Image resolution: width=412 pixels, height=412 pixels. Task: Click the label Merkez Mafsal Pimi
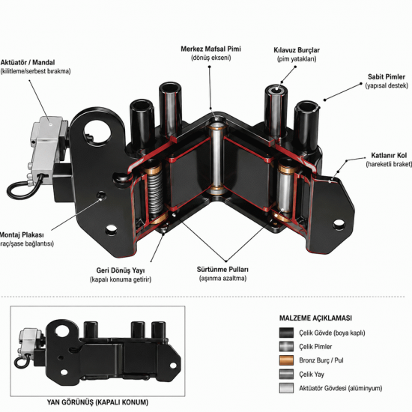click(210, 49)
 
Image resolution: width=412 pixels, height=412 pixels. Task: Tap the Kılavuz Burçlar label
click(297, 50)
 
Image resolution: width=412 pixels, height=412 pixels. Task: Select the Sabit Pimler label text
click(387, 77)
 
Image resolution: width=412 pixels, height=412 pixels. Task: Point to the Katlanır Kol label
click(389, 155)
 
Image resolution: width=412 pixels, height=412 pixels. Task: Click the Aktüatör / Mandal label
click(28, 62)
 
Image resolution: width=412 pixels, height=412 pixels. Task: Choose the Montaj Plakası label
click(22, 234)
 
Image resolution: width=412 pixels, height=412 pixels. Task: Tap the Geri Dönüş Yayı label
click(121, 270)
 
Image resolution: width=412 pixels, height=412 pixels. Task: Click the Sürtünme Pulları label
click(222, 270)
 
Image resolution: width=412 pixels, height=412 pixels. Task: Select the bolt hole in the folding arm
click(339, 225)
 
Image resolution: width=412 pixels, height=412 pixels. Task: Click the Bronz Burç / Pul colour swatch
click(286, 360)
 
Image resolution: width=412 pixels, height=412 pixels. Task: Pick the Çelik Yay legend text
click(312, 374)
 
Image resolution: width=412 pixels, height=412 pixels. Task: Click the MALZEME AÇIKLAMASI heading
click(315, 318)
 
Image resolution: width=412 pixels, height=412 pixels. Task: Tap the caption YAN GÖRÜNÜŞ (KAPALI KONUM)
click(97, 402)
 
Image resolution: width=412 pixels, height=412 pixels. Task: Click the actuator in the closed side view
click(30, 342)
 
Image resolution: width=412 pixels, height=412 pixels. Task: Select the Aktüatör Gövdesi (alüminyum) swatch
click(286, 388)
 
